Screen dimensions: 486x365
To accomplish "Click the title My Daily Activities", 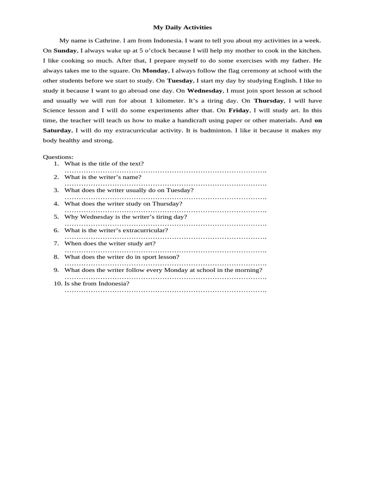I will pyautogui.click(x=182, y=28).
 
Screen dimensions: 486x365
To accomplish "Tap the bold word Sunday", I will pyautogui.click(x=65, y=50).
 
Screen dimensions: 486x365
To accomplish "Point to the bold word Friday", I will pyautogui.click(x=239, y=110).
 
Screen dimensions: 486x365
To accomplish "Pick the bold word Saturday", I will pyautogui.click(x=57, y=130).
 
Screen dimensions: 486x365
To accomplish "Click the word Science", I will pyautogui.click(x=55, y=110).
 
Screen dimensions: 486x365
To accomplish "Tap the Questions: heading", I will pyautogui.click(x=58, y=157).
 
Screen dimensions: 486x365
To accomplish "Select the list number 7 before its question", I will pyautogui.click(x=56, y=243).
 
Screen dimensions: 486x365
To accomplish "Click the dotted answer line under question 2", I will pyautogui.click(x=165, y=184).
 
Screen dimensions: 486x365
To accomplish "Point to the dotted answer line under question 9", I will pyautogui.click(x=165, y=277).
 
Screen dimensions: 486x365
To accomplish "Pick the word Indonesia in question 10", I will pyautogui.click(x=113, y=283).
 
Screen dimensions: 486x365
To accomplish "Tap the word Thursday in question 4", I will pyautogui.click(x=166, y=204).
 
